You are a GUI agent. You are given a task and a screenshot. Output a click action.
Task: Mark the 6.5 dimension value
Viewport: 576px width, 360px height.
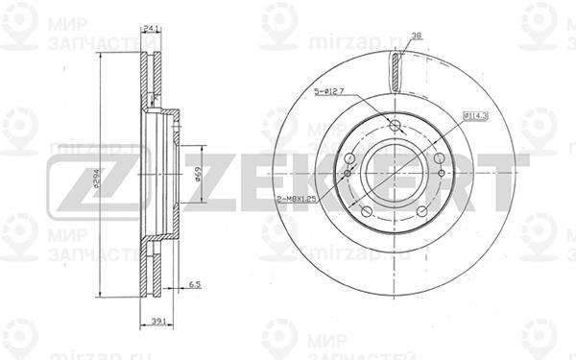point(194,285)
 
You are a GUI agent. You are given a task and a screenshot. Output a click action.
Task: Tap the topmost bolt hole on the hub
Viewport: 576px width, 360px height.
point(396,126)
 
